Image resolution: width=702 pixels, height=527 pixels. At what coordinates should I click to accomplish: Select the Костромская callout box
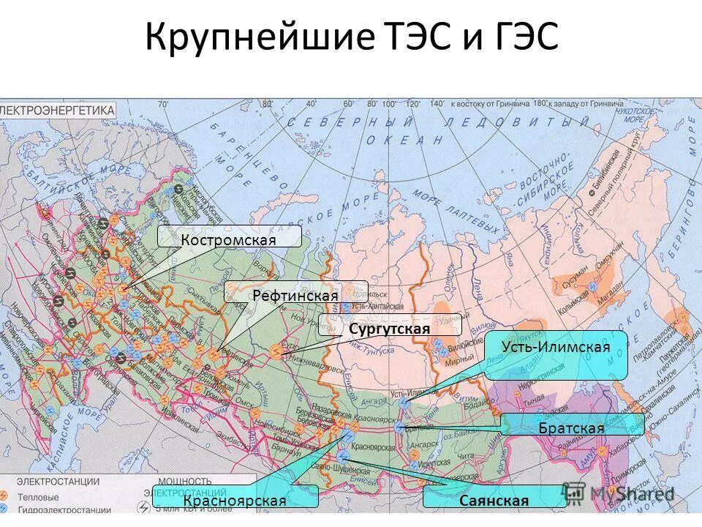(x=229, y=236)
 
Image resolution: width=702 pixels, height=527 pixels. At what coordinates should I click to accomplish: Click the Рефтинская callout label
(x=295, y=294)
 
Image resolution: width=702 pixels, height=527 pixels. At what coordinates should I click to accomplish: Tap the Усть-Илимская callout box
(x=556, y=354)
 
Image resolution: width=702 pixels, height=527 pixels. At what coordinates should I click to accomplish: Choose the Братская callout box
(x=572, y=426)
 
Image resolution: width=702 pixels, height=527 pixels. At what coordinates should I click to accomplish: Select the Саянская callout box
(x=494, y=499)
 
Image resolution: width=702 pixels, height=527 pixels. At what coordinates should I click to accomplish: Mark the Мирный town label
(x=459, y=362)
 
